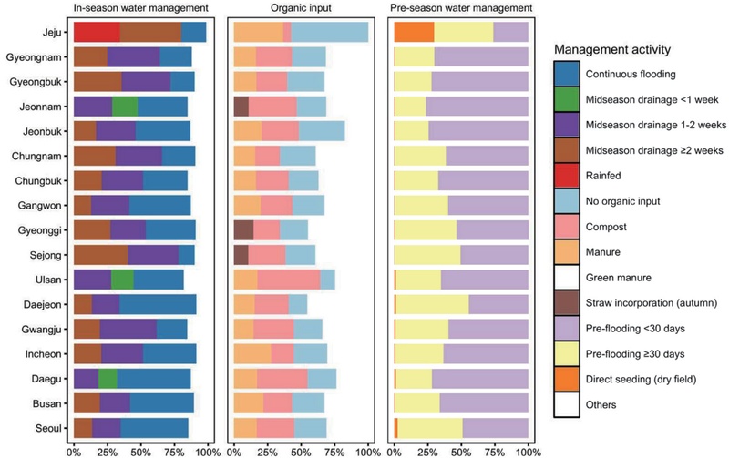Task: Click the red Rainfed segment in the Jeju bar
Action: pyautogui.click(x=96, y=31)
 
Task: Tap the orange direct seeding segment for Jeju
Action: pyautogui.click(x=414, y=31)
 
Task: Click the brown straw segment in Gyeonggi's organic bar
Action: pyautogui.click(x=243, y=229)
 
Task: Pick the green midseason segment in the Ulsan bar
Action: pyautogui.click(x=122, y=278)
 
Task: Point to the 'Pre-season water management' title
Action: pyautogui.click(x=461, y=9)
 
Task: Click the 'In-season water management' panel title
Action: pyautogui.click(x=140, y=9)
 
